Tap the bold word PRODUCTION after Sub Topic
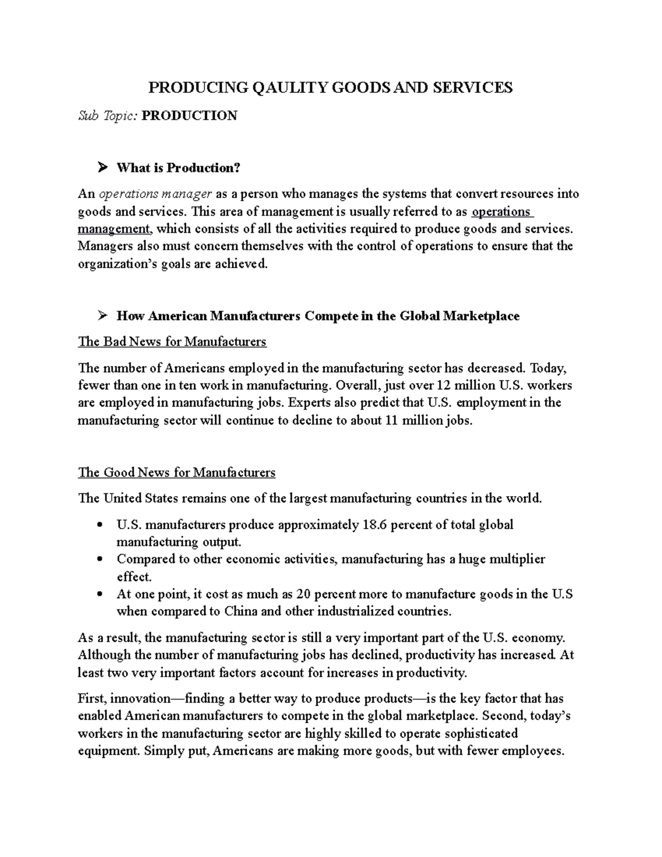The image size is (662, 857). (189, 116)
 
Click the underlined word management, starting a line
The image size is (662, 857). (114, 229)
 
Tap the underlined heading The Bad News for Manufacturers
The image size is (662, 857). (172, 342)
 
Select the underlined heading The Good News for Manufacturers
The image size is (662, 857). (177, 472)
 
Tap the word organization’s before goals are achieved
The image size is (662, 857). (114, 264)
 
